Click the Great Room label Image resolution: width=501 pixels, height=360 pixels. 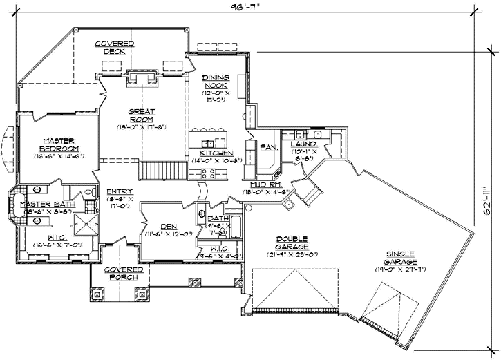point(142,115)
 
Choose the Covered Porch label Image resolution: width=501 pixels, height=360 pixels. point(124,273)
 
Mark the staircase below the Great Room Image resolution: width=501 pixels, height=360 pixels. point(164,170)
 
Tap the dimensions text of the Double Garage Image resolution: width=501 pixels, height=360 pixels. point(293,255)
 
